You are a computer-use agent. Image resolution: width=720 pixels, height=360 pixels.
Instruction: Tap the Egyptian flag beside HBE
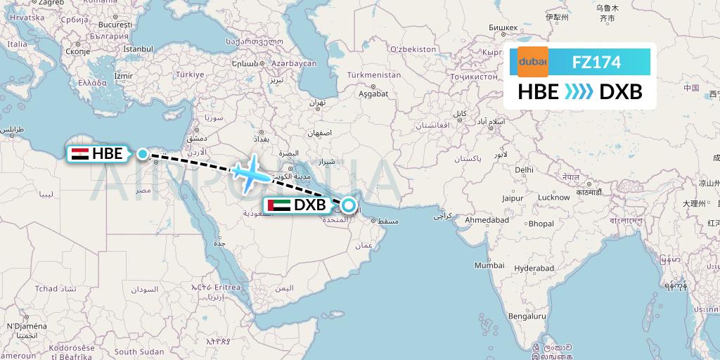(79, 154)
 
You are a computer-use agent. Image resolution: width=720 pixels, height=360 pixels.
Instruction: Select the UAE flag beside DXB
(278, 206)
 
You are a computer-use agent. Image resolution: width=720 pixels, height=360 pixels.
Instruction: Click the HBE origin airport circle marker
(143, 154)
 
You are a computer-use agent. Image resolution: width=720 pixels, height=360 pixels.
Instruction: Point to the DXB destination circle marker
(349, 206)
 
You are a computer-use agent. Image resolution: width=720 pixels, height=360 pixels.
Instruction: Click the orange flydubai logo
(532, 63)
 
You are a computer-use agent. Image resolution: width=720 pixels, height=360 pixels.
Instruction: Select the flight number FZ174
(596, 63)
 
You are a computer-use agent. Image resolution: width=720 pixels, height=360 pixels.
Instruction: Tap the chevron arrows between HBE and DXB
(579, 91)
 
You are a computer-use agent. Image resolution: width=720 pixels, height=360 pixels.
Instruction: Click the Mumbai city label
(489, 265)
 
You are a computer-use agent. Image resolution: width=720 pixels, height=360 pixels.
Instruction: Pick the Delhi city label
(524, 169)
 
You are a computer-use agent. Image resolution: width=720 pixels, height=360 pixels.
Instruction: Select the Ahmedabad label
(487, 220)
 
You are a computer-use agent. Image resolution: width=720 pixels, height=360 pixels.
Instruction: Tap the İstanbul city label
(138, 49)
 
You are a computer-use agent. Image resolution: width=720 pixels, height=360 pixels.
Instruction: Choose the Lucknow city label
(553, 198)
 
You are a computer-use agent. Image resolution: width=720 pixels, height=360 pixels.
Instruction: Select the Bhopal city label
(541, 224)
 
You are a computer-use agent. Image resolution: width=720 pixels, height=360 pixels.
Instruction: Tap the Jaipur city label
(512, 199)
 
